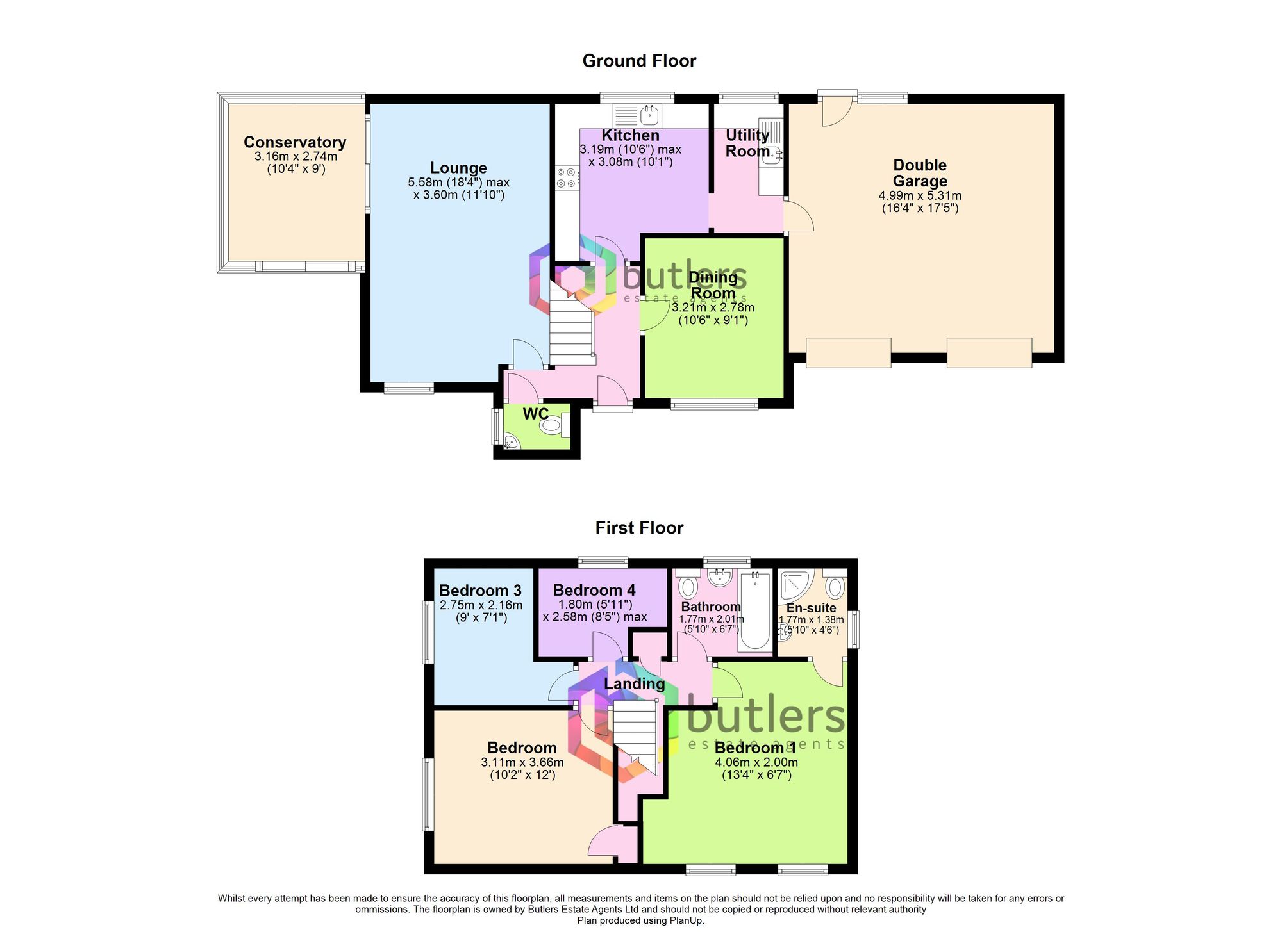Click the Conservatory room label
point(295,142)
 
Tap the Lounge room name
point(458,168)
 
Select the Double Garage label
point(920,173)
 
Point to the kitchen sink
point(649,115)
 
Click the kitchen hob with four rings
point(567,177)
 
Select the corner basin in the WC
point(511,442)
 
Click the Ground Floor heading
point(639,61)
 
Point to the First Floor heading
point(639,528)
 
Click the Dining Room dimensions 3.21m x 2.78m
point(713,307)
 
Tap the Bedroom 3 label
point(480,590)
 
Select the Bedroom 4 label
point(594,590)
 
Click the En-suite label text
point(811,608)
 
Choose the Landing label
point(634,684)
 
